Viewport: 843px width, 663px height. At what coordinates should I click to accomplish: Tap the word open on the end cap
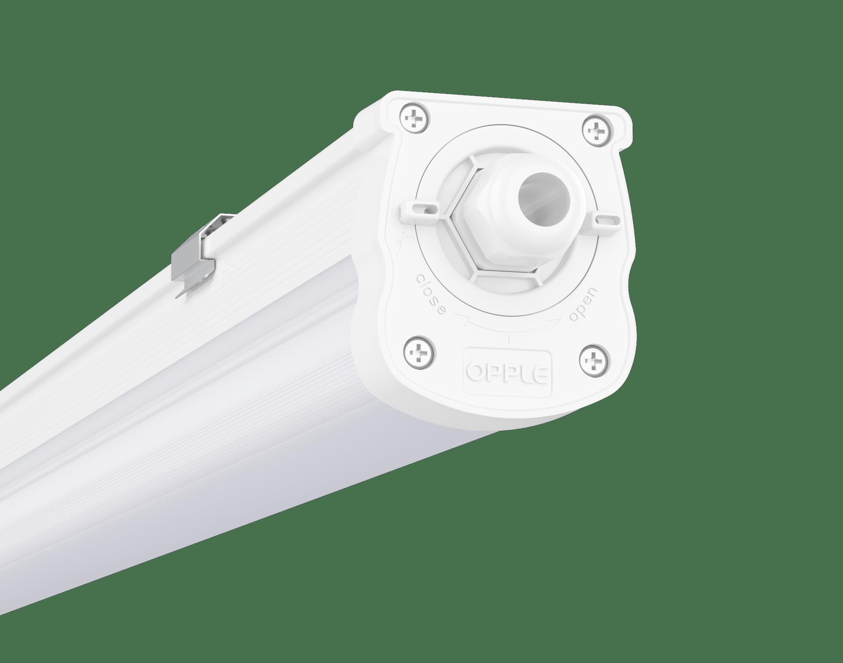[x=583, y=304]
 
